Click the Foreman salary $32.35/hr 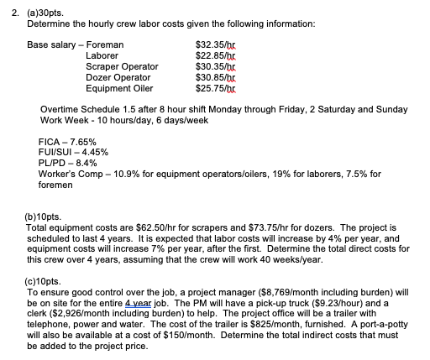210,43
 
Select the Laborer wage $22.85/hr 210,55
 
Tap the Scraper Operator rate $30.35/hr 210,65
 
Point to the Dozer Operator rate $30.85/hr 210,76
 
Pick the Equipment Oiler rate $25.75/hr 210,87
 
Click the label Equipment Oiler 119,87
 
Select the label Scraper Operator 122,65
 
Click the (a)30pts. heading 34,13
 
